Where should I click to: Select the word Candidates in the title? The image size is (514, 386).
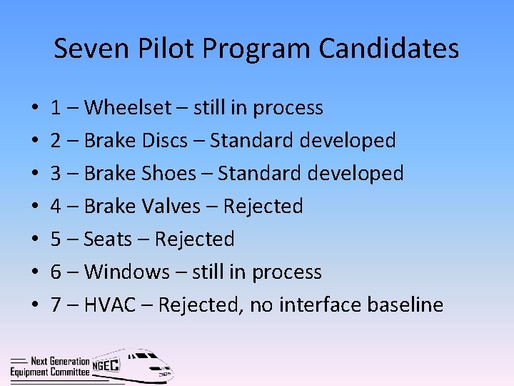[388, 49]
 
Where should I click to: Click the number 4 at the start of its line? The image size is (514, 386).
[56, 207]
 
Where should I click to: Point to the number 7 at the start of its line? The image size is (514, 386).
[56, 305]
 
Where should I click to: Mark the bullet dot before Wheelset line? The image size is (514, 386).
[35, 109]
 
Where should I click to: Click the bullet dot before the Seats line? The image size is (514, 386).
[35, 241]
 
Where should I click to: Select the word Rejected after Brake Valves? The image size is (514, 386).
[263, 207]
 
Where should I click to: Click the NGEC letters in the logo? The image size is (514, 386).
[106, 365]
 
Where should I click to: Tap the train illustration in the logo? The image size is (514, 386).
[143, 366]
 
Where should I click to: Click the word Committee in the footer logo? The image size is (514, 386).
[69, 372]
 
